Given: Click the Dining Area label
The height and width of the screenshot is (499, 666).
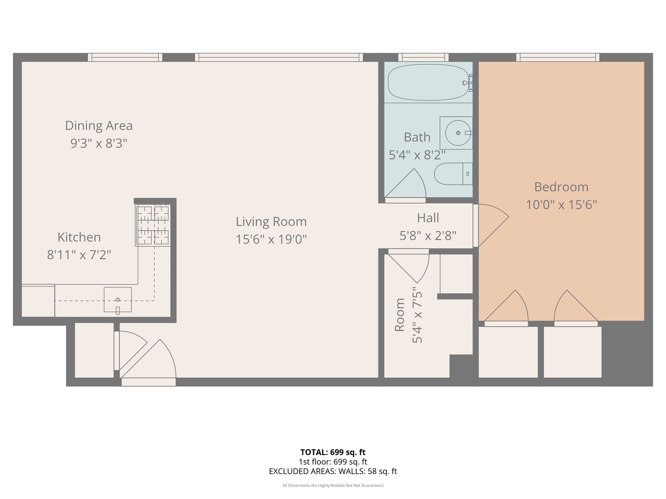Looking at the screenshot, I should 99,126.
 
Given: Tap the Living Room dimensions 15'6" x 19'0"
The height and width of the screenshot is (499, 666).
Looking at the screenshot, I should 271,239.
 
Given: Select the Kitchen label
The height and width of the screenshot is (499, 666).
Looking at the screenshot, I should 79,237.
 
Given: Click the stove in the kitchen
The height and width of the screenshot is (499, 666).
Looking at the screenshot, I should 153,225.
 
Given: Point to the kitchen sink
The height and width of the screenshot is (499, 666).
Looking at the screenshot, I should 117,299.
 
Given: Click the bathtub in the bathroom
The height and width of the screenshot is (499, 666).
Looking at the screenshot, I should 428,83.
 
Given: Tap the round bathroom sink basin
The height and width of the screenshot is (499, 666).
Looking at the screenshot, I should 457,133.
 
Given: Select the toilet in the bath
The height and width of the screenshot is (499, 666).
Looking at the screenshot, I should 452,174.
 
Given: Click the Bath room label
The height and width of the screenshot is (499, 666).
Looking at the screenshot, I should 417,137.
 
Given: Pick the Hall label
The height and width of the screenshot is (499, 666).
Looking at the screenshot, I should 428,218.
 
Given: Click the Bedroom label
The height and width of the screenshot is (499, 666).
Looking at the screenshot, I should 561,187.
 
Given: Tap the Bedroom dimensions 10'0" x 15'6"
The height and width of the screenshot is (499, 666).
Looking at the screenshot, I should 561,204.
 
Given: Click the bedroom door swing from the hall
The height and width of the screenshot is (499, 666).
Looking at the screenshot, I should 492,225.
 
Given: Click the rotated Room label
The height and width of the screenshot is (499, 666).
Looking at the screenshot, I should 400,315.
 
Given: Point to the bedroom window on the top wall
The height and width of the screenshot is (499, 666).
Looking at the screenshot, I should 557,57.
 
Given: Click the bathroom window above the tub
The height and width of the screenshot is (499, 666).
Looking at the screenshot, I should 423,57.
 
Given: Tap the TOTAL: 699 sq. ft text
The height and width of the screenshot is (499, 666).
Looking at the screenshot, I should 333,452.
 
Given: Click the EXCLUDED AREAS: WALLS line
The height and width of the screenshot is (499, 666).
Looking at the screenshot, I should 333,471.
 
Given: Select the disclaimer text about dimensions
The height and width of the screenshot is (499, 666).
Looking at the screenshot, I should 333,486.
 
